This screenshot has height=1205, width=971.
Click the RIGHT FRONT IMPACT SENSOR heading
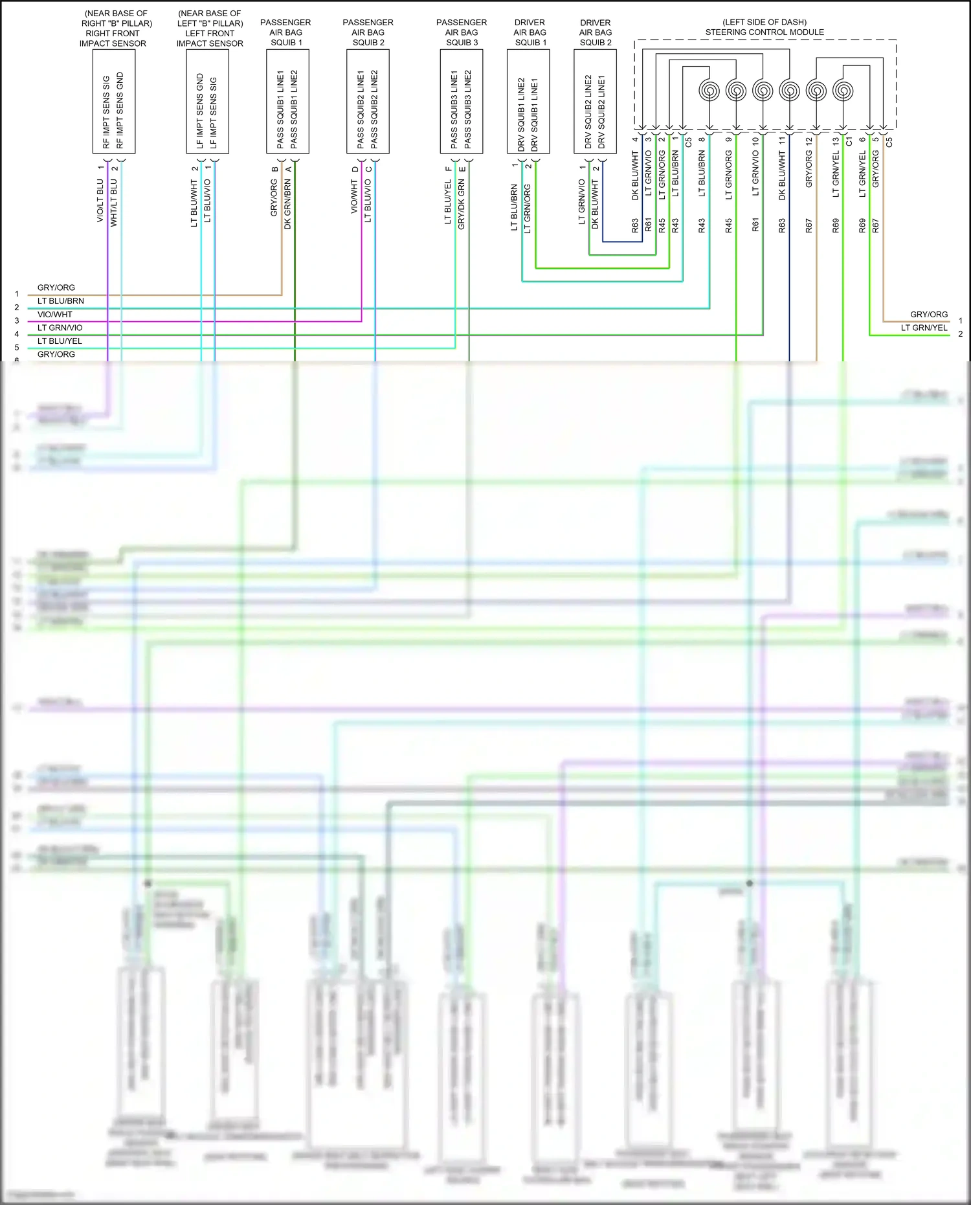113,28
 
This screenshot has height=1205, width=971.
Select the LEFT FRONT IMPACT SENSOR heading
210,28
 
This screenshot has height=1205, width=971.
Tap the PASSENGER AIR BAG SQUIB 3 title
462,32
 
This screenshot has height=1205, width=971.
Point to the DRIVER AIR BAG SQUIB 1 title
530,32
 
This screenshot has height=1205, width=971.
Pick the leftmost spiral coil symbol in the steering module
709,91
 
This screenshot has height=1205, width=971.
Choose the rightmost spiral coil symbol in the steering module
843,91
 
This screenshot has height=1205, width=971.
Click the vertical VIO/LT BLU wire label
100,201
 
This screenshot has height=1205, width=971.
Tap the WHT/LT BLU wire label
114,203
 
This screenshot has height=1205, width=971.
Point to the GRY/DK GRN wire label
462,205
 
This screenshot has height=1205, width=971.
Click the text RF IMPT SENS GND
120,110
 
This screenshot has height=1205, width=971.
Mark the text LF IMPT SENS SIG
214,113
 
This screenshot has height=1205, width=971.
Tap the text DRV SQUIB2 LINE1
601,112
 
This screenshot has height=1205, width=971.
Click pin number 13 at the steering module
836,140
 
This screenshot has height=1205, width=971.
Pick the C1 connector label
849,141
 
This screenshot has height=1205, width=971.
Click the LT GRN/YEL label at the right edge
924,328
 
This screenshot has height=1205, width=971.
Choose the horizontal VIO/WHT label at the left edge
55,315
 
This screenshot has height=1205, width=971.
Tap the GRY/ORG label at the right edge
929,315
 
